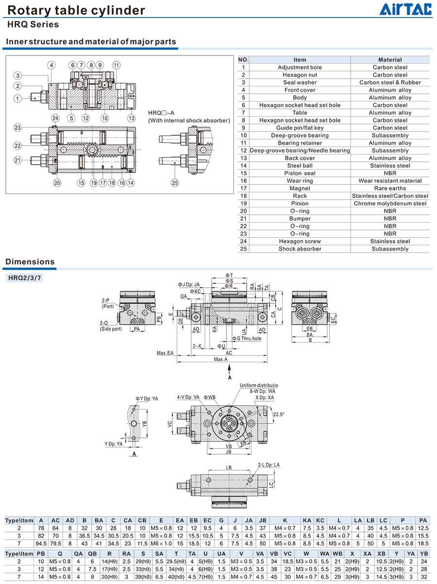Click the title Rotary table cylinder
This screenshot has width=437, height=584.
76,10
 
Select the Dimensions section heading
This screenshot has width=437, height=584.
30,262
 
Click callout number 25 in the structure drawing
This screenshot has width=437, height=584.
175,183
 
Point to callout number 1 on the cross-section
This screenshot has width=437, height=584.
17,99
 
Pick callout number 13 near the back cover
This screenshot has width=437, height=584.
131,118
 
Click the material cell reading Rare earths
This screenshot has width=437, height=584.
390,188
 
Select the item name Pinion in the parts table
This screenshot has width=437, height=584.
300,203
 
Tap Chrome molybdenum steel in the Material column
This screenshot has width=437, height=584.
390,203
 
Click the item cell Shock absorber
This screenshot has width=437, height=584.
300,249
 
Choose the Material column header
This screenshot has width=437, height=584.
390,60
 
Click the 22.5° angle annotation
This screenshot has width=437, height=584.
279,414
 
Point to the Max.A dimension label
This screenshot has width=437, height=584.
221,359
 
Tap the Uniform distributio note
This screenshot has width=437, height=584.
259,385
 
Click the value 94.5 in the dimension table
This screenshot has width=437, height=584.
41,543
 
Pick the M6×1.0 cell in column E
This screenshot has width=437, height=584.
161,543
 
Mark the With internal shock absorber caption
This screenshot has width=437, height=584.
189,120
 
